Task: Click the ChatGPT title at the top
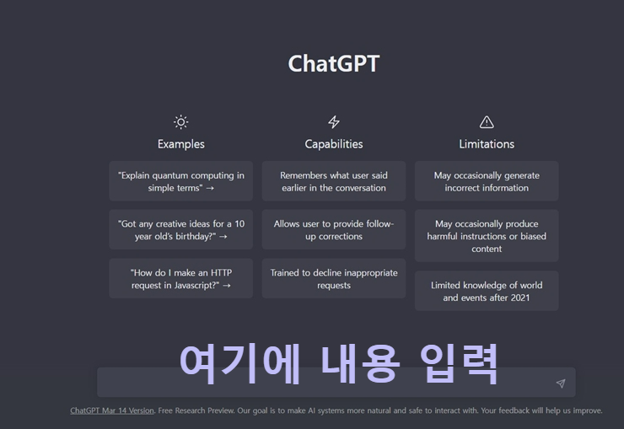coord(334,64)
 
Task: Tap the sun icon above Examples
coord(180,122)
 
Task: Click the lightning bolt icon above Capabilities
coord(334,122)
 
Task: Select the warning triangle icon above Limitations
coord(487,122)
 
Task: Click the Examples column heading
coord(180,144)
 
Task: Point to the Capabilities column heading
coord(334,144)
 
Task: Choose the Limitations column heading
coord(487,144)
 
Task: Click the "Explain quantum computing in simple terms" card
coord(180,181)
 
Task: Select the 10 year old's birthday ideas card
coord(180,230)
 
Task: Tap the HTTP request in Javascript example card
coord(180,279)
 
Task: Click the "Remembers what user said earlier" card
coord(334,181)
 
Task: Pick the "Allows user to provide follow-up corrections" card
coord(334,230)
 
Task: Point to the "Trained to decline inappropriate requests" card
coord(334,279)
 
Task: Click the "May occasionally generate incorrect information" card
coord(487,181)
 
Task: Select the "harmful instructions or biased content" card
coord(487,236)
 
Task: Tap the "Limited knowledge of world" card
coord(487,291)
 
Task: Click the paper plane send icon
coord(561,383)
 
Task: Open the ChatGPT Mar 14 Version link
coord(112,410)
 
